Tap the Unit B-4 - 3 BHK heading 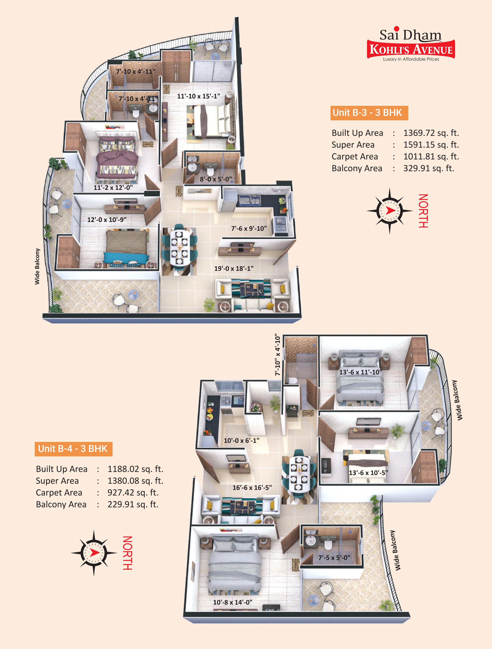(73, 449)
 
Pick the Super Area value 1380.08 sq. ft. (135, 481)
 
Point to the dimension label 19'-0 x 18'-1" (234, 268)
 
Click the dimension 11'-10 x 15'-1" (199, 96)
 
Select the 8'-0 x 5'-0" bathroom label (216, 179)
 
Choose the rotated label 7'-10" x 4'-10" (277, 355)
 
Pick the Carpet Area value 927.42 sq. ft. (133, 493)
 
